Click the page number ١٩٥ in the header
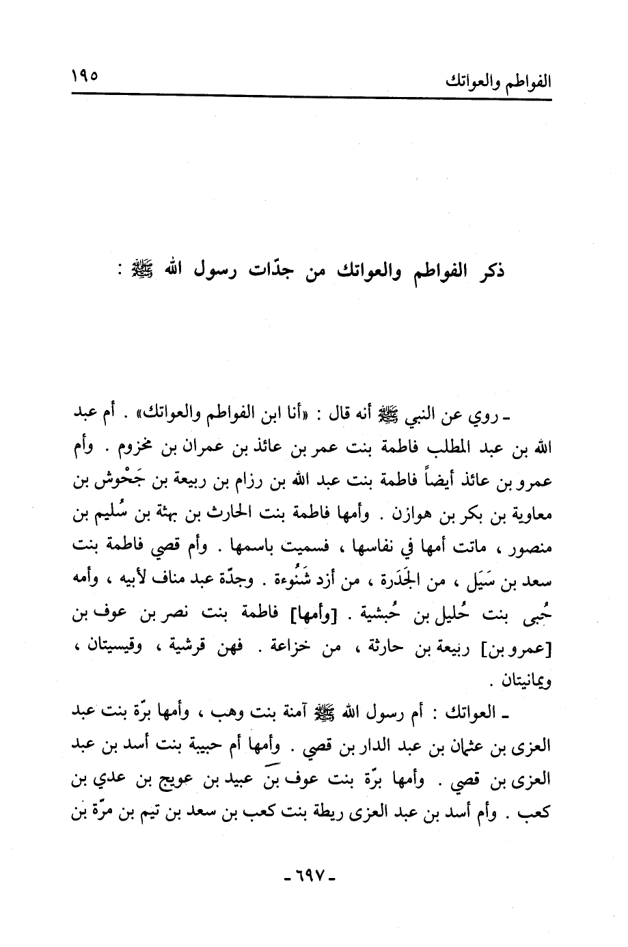85,72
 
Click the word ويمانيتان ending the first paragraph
525,681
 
